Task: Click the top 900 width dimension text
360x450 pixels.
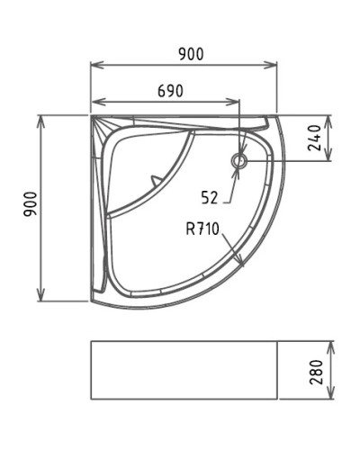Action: tap(190, 54)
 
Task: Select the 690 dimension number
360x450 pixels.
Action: tap(170, 91)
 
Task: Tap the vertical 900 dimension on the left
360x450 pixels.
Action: tap(29, 209)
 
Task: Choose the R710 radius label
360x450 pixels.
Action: tap(203, 229)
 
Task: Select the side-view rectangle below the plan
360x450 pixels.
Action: tap(184, 370)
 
